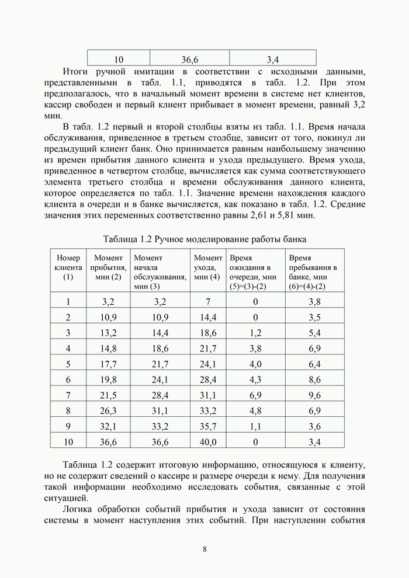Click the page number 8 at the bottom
[204, 549]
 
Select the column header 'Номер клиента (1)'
[68, 267]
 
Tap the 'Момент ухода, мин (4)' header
[207, 267]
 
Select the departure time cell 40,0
[208, 442]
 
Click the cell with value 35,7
[208, 426]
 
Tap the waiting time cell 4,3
[255, 379]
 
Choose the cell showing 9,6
[314, 395]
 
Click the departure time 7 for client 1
[208, 302]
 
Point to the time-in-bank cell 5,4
[314, 333]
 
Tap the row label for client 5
[68, 364]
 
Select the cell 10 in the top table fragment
[119, 59]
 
